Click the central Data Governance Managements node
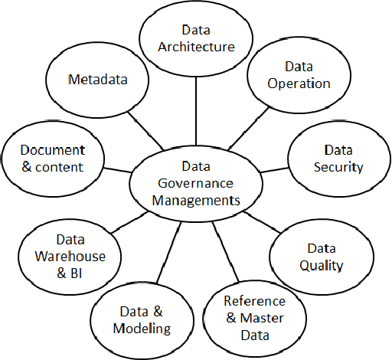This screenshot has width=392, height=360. pos(196,184)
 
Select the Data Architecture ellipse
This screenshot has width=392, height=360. pos(196,38)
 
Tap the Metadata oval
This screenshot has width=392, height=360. pos(97,80)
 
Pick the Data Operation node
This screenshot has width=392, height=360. pos(298,75)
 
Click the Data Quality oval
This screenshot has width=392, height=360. pos(325,257)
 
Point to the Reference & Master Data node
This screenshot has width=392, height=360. pos(253,317)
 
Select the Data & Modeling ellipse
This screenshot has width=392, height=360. pos(141,319)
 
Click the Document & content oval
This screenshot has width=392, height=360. pos(52,158)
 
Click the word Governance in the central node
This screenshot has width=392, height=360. pos(196,183)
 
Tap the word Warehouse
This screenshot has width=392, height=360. pos(70,256)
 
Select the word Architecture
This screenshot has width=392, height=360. pos(196,46)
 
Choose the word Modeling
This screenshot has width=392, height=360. pos(142,329)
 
